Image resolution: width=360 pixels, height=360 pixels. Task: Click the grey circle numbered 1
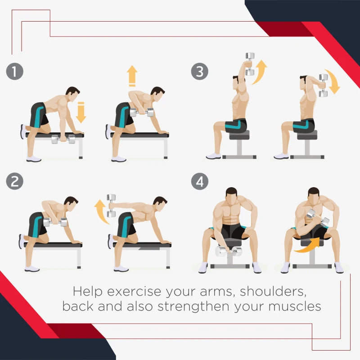(15, 72)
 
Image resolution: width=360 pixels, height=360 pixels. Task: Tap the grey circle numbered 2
(15, 181)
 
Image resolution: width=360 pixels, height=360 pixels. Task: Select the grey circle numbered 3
(200, 72)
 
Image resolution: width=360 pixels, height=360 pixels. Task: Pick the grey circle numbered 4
(200, 181)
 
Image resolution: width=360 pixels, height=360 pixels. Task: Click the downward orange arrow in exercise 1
(81, 112)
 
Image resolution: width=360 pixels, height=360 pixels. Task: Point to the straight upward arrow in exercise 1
(132, 76)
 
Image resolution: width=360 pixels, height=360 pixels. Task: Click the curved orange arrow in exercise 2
(100, 211)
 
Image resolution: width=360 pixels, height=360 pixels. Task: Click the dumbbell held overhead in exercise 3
(250, 64)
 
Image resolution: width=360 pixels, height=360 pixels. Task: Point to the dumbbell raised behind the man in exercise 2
(111, 206)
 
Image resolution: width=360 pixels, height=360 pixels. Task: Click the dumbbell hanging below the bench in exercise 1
(63, 139)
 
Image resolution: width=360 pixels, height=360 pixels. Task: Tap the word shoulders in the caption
(273, 292)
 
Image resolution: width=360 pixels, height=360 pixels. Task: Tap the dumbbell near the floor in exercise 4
(229, 251)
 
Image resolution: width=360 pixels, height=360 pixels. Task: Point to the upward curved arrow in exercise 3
(260, 72)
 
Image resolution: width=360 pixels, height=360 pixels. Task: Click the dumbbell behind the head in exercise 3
(323, 85)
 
